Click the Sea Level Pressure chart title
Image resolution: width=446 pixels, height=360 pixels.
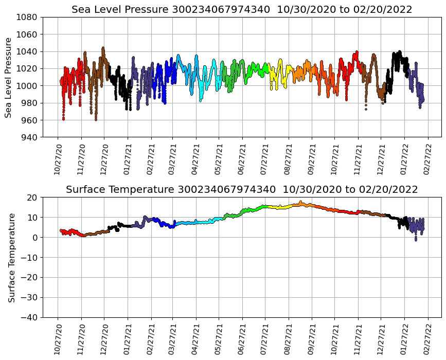242,10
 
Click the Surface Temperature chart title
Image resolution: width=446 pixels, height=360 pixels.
242,190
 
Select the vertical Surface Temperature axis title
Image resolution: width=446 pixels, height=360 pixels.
11,257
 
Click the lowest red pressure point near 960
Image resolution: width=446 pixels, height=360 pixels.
63,119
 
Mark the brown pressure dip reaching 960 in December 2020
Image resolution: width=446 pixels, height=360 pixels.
96,119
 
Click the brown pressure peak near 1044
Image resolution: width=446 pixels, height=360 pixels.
103,48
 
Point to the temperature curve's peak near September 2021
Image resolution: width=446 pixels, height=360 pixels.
300,202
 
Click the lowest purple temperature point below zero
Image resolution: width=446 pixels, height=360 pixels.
416,240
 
